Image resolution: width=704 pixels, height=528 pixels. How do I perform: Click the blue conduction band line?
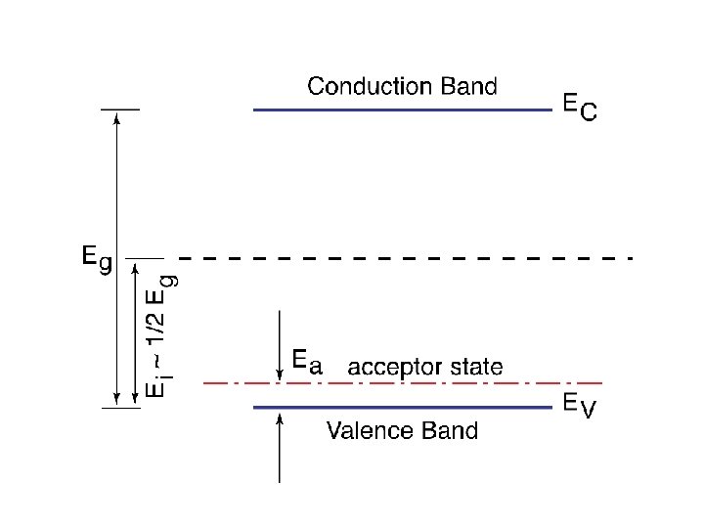click(x=402, y=110)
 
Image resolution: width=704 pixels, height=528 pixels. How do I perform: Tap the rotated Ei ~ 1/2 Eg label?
click(x=161, y=332)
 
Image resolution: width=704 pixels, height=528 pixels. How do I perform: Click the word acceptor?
click(x=391, y=368)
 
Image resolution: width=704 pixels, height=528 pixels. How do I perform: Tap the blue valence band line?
click(x=402, y=407)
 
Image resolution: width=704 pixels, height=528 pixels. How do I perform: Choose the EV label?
click(x=578, y=406)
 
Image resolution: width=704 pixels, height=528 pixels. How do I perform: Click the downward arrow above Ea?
click(x=281, y=342)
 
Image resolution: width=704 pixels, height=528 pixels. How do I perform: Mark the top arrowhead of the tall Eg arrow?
click(x=117, y=117)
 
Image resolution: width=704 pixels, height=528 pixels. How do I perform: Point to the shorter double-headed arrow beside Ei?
click(x=134, y=332)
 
